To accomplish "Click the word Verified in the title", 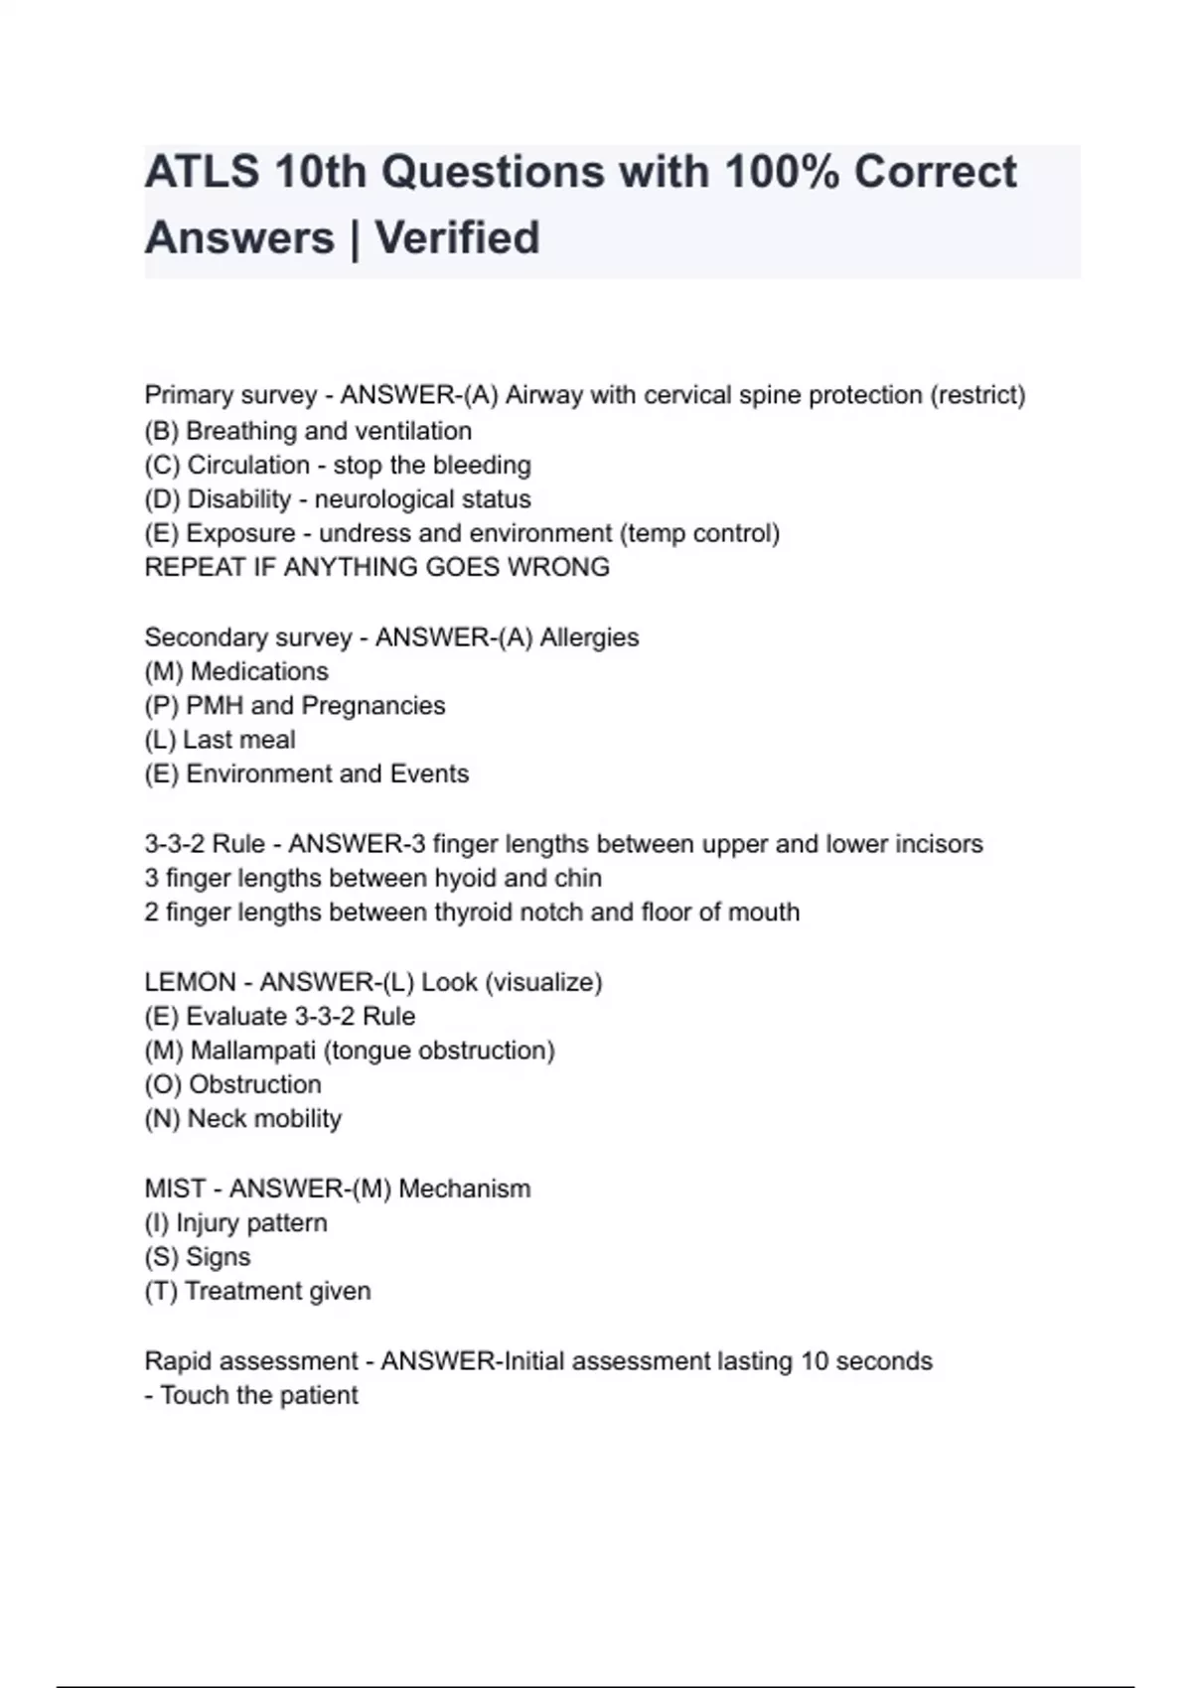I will [457, 238].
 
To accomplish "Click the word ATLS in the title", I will [202, 172].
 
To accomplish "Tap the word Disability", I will [238, 498].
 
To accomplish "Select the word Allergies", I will [589, 637].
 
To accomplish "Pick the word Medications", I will [259, 671].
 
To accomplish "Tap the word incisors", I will [939, 844].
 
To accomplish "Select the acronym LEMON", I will [190, 982].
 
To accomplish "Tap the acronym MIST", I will [175, 1189].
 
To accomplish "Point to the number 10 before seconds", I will [815, 1360].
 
